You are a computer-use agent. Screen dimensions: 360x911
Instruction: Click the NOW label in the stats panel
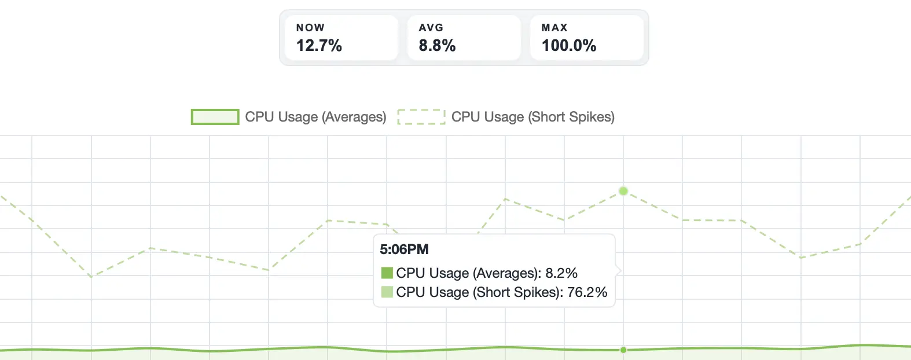310,28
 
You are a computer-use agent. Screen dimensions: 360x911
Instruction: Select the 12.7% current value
319,46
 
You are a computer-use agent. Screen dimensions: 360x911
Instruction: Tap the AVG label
431,28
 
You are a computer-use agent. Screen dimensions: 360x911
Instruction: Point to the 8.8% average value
437,46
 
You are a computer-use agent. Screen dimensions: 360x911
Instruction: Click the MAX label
554,28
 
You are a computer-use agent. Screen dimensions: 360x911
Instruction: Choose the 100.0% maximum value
569,46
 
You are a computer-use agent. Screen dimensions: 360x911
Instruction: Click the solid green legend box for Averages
215,117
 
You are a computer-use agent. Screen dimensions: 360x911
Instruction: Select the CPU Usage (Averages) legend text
315,117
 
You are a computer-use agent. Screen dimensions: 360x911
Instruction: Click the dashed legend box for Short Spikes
421,117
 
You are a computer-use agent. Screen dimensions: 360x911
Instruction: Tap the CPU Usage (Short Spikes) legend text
532,117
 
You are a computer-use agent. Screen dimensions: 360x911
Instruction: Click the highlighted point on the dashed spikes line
623,191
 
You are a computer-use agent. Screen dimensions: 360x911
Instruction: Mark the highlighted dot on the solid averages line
623,350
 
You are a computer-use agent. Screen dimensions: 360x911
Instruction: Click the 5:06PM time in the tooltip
404,249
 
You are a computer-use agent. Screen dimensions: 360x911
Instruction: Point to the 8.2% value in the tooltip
561,273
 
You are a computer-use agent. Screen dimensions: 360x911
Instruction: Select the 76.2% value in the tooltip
587,292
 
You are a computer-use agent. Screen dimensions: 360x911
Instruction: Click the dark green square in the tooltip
387,273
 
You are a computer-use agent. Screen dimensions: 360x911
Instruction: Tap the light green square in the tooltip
387,292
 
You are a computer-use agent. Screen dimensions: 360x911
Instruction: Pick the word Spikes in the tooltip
538,292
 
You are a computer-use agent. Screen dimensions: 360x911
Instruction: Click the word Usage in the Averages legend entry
297,117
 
